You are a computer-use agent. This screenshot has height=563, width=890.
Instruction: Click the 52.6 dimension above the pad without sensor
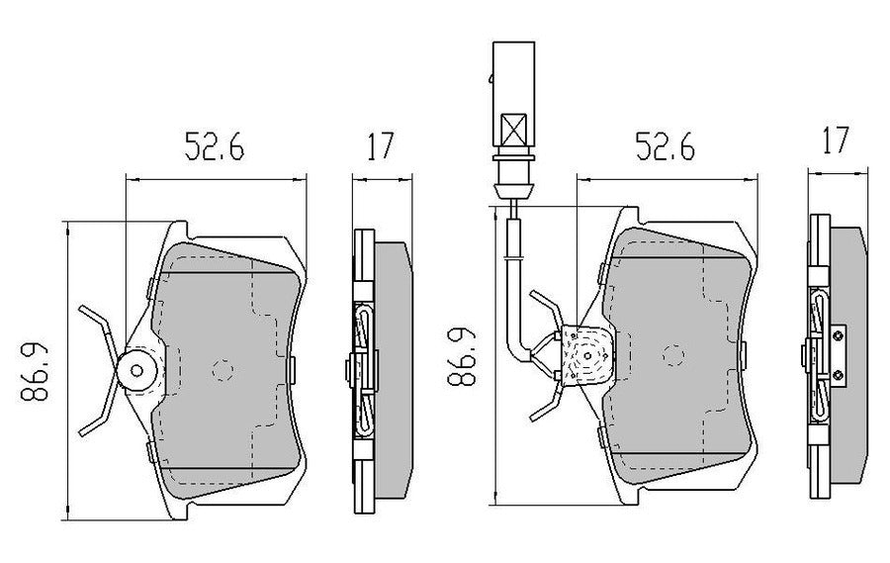pos(214,147)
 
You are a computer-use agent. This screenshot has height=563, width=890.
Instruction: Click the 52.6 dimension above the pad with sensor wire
pos(664,148)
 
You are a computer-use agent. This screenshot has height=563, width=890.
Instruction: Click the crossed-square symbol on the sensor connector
pos(513,129)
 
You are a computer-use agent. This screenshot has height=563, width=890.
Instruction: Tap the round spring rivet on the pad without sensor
pos(135,371)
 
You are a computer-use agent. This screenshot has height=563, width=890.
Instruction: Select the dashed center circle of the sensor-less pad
pos(222,369)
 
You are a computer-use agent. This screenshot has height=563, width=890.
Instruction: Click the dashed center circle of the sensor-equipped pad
pos(673,353)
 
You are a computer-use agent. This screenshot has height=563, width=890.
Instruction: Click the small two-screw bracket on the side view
pos(839,354)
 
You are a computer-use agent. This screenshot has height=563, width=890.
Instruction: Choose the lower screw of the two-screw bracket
pos(839,372)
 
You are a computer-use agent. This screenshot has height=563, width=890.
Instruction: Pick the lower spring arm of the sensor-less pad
pos(99,416)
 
